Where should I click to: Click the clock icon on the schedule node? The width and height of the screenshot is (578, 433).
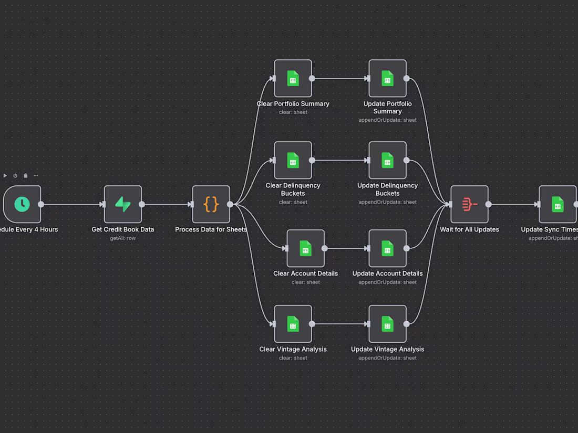point(22,204)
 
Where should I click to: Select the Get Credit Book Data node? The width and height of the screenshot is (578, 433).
point(123,204)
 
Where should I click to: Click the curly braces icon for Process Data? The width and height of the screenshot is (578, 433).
point(211,204)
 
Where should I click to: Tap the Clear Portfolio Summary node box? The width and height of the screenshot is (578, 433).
point(293,78)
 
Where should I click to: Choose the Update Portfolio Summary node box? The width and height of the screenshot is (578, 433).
point(387,78)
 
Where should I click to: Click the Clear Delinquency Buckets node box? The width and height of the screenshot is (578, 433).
point(293,160)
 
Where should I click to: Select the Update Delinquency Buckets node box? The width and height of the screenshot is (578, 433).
point(387,160)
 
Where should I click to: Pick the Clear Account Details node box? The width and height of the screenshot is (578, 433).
point(305,248)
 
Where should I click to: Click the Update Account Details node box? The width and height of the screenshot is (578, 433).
point(387,248)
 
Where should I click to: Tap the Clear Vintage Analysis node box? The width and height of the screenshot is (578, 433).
point(293,324)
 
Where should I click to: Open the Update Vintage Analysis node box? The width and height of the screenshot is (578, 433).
point(387,324)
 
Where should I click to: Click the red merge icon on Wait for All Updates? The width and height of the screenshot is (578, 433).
point(469,204)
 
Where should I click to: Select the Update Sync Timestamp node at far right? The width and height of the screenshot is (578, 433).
point(558,204)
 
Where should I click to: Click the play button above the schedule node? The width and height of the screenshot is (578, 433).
point(5,175)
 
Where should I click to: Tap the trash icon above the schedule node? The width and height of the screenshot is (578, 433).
point(26,175)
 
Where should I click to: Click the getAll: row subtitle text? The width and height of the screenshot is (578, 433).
point(123,238)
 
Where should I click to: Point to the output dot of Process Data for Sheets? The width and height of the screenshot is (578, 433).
point(230,204)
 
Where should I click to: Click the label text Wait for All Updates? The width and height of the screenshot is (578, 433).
point(469,229)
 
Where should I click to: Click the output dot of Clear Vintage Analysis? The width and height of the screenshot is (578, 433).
point(312,324)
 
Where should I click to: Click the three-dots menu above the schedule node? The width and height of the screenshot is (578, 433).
point(36,175)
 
